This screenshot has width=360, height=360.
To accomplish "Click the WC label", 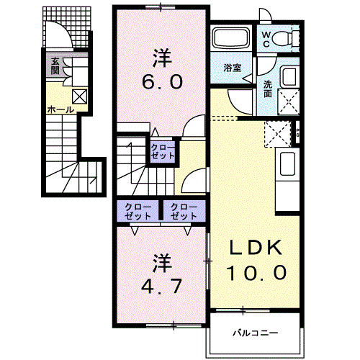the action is [266, 40].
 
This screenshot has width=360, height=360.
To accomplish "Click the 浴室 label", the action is [233, 68].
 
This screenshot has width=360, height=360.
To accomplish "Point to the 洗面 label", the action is [268, 89].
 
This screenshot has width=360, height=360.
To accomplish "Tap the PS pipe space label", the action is [298, 132].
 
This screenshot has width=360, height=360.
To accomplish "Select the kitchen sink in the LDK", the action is [287, 163].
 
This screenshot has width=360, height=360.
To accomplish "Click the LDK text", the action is [256, 248].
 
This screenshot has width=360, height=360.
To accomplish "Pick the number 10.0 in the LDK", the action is [256, 273].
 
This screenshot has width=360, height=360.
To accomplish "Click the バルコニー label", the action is [256, 333].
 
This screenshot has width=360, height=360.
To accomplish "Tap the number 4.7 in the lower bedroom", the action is [161, 287].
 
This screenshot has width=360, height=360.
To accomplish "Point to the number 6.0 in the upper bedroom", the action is [162, 81].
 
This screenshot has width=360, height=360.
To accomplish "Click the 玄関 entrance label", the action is [55, 66].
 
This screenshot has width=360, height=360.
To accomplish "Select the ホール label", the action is [60, 110].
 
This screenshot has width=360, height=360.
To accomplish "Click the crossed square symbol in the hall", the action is [79, 97].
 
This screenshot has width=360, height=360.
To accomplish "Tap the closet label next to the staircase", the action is [163, 152].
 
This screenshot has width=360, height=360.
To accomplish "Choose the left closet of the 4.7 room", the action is [138, 211].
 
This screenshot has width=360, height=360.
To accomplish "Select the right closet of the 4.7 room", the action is [184, 211].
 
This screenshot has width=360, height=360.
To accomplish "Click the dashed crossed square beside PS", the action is [278, 134].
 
